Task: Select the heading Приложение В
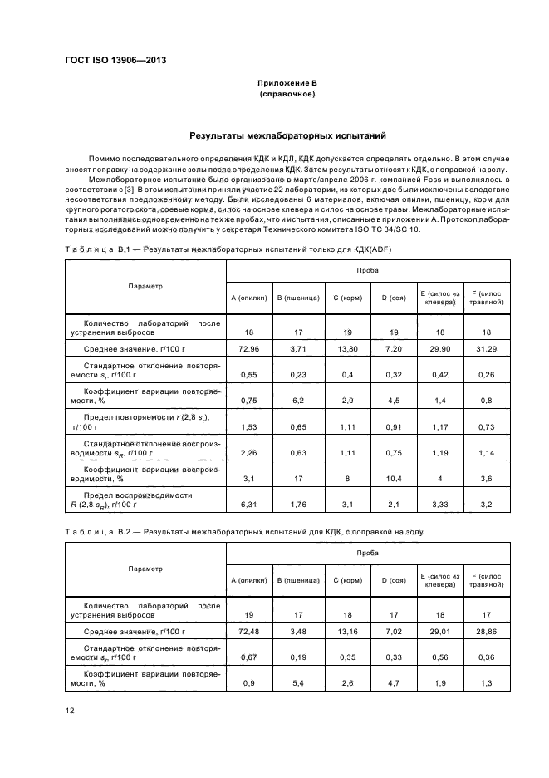pyautogui.click(x=287, y=84)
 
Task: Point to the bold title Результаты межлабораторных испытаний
pyautogui.click(x=287, y=135)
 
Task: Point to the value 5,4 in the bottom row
pyautogui.click(x=297, y=685)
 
